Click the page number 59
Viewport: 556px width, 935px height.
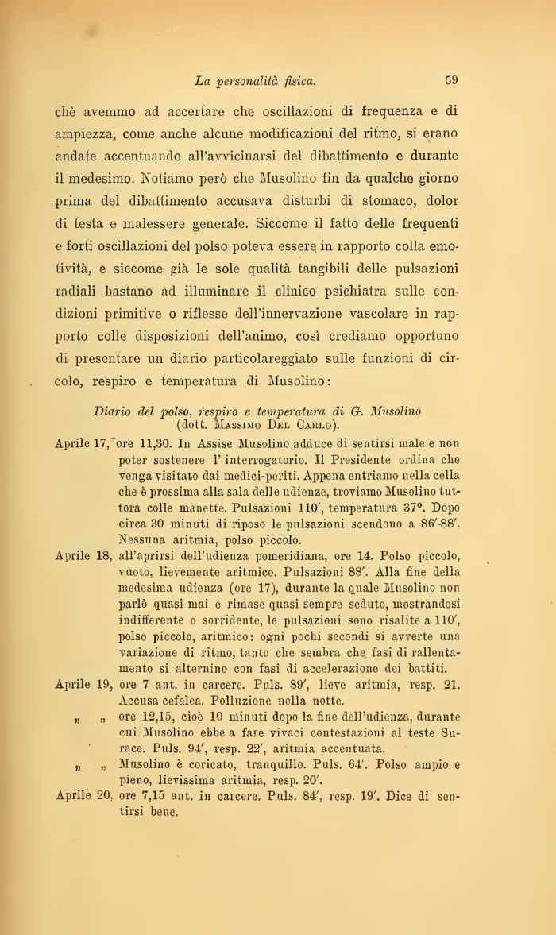click(x=451, y=79)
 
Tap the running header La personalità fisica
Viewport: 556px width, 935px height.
click(x=255, y=80)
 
